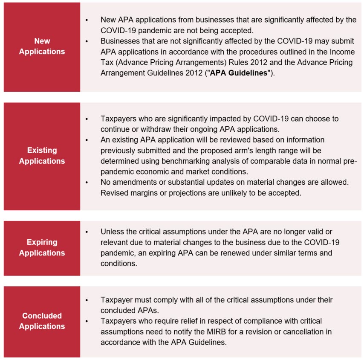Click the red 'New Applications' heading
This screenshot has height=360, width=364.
42,46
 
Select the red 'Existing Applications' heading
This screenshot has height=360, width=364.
42,156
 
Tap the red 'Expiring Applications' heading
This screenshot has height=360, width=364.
42,247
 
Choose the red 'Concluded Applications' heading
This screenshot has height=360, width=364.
42,321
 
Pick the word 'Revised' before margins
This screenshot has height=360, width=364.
114,192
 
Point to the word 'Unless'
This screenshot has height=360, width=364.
112,231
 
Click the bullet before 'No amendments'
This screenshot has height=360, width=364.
87,182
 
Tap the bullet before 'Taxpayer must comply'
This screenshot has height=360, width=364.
87,300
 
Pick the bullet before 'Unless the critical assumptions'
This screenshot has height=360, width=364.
87,232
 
